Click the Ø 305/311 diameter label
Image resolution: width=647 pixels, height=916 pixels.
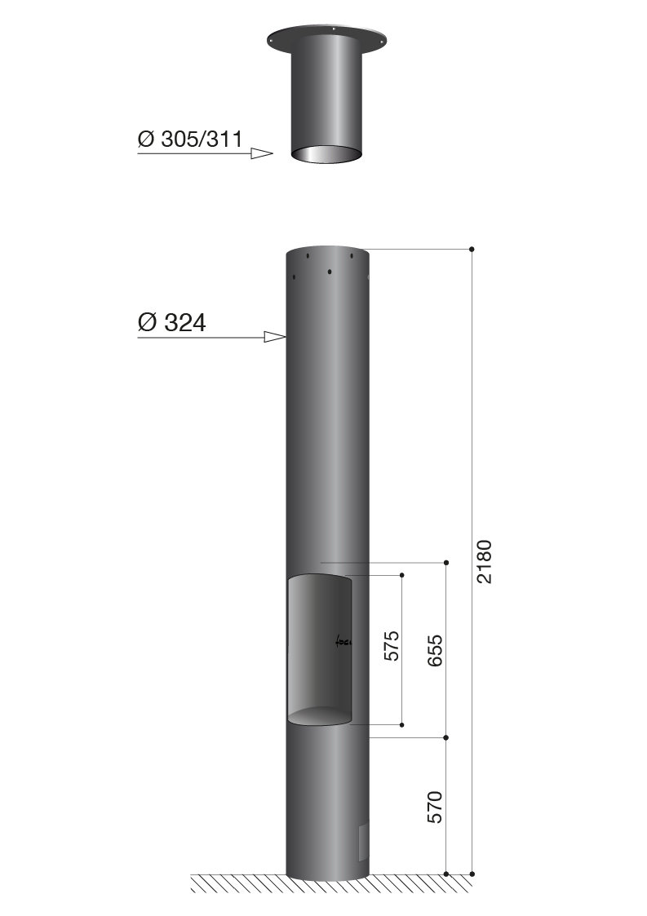pyautogui.click(x=190, y=139)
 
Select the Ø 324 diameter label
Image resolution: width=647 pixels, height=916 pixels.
pyautogui.click(x=171, y=322)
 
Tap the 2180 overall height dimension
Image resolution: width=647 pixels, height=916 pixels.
pyautogui.click(x=485, y=560)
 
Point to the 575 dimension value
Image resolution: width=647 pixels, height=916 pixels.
pyautogui.click(x=391, y=645)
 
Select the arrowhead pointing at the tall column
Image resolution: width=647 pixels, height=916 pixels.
pyautogui.click(x=275, y=336)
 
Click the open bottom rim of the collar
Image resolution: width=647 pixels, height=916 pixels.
pyautogui.click(x=326, y=153)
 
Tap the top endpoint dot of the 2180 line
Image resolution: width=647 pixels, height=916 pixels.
pyautogui.click(x=472, y=248)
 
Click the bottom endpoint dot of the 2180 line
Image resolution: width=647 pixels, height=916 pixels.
pyautogui.click(x=472, y=874)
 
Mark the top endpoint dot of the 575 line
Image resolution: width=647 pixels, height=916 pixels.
pyautogui.click(x=403, y=575)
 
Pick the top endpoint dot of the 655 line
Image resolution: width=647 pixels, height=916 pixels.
pyautogui.click(x=446, y=563)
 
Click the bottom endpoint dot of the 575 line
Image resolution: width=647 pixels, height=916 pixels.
pyautogui.click(x=403, y=724)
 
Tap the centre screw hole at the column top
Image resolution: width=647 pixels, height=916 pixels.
pyautogui.click(x=328, y=271)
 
